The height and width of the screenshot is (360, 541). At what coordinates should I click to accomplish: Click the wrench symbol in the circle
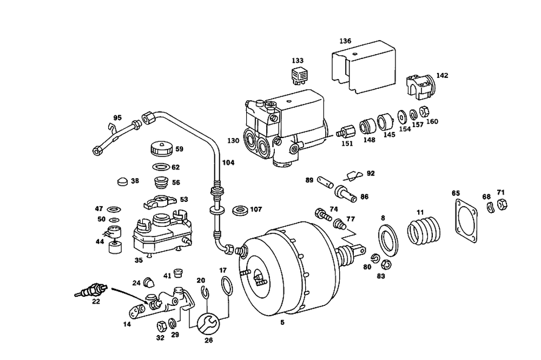pos(207,324)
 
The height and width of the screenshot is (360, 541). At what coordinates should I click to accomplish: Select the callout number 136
pos(345,41)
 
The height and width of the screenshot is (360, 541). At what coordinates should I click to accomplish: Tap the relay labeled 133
pos(298,76)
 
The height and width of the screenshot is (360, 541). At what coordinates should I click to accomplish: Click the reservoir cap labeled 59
pos(161,149)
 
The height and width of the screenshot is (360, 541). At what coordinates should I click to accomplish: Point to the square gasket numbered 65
pos(465,221)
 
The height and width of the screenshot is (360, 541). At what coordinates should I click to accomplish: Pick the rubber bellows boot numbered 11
pos(424,230)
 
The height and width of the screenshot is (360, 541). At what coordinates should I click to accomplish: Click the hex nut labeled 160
pos(424,112)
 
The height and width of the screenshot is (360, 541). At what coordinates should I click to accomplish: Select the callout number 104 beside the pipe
pos(228,162)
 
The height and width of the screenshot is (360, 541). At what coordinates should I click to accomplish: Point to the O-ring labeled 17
pos(226,286)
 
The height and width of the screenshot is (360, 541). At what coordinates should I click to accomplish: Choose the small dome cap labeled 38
pos(122,181)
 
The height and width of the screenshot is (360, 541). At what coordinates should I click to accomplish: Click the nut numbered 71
pos(502,204)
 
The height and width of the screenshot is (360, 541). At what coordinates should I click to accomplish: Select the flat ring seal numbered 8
pos(388,240)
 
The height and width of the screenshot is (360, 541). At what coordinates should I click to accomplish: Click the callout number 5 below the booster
pos(282,323)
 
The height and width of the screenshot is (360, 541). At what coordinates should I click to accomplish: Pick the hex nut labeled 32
pos(161,326)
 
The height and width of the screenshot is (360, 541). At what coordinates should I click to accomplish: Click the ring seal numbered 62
pos(161,167)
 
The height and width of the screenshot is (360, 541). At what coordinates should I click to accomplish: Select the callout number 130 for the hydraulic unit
pos(233,140)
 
